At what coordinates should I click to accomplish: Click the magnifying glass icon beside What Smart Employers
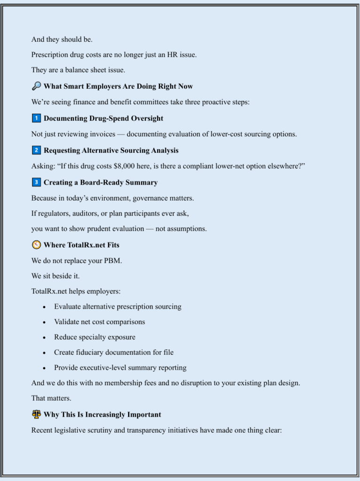36,86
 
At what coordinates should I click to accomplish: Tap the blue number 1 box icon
36,118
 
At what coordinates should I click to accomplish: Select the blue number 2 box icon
36,150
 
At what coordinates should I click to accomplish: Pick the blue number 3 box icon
36,182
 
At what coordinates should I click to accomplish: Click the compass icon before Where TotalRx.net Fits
36,245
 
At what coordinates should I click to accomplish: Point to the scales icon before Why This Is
36,414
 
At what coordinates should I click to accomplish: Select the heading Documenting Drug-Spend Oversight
103,118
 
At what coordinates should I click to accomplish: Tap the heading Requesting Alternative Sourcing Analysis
111,150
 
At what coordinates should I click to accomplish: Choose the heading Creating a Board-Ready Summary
100,182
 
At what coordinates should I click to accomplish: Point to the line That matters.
51,398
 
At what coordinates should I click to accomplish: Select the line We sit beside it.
55,276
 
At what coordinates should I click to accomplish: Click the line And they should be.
61,39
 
